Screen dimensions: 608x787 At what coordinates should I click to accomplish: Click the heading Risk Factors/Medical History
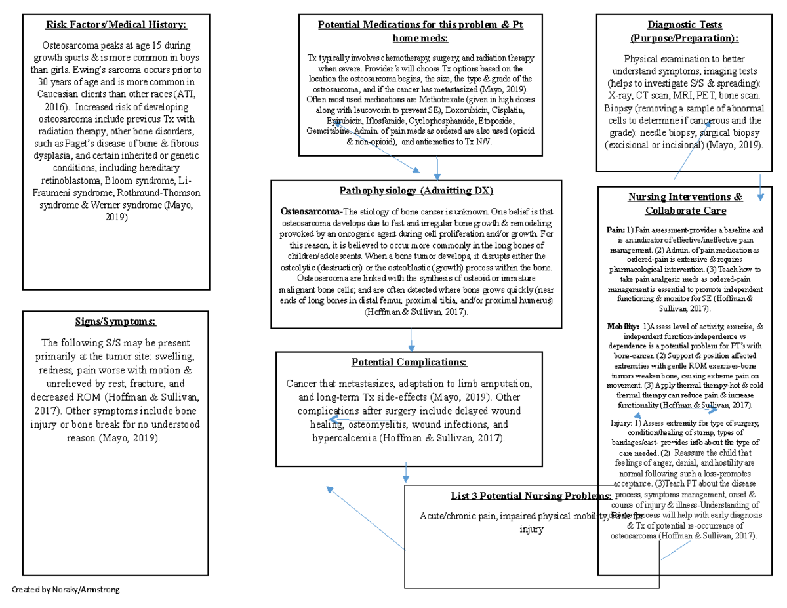pos(115,25)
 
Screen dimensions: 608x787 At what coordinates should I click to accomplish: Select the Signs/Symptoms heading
pos(115,321)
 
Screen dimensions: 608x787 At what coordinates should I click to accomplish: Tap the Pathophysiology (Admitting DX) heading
pos(416,191)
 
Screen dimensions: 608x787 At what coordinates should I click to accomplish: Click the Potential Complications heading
pos(409,362)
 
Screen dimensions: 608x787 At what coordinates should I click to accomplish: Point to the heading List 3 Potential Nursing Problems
pos(532,495)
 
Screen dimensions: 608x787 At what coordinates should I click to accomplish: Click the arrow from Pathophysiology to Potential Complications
pos(411,339)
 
